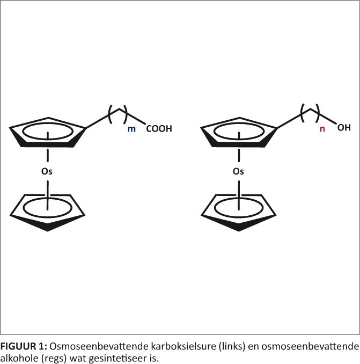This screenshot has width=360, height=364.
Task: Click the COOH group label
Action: coord(159,129)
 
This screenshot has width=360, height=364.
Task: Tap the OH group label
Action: coord(344,128)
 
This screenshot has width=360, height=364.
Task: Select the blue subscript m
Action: coord(132,129)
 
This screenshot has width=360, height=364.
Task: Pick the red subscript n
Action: coord(322,129)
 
